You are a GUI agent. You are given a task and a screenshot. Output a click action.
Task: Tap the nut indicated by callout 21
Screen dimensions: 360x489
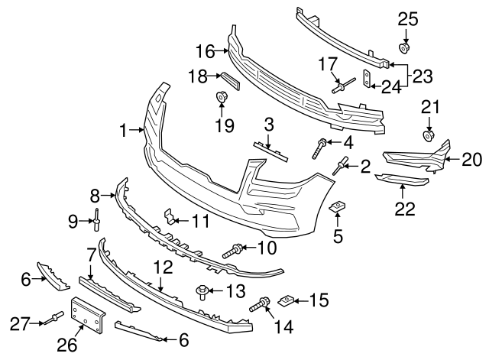point(429,137)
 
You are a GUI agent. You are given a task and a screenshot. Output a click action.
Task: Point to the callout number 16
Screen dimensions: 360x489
point(206,52)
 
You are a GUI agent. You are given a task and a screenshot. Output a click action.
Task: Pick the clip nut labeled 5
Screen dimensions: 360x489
point(336,208)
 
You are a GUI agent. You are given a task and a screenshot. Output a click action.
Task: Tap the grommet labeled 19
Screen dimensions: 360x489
point(223,97)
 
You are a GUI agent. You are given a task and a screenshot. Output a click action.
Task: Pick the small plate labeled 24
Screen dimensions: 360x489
point(367,76)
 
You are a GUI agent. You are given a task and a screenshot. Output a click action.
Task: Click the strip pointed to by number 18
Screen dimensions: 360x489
point(230,79)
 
